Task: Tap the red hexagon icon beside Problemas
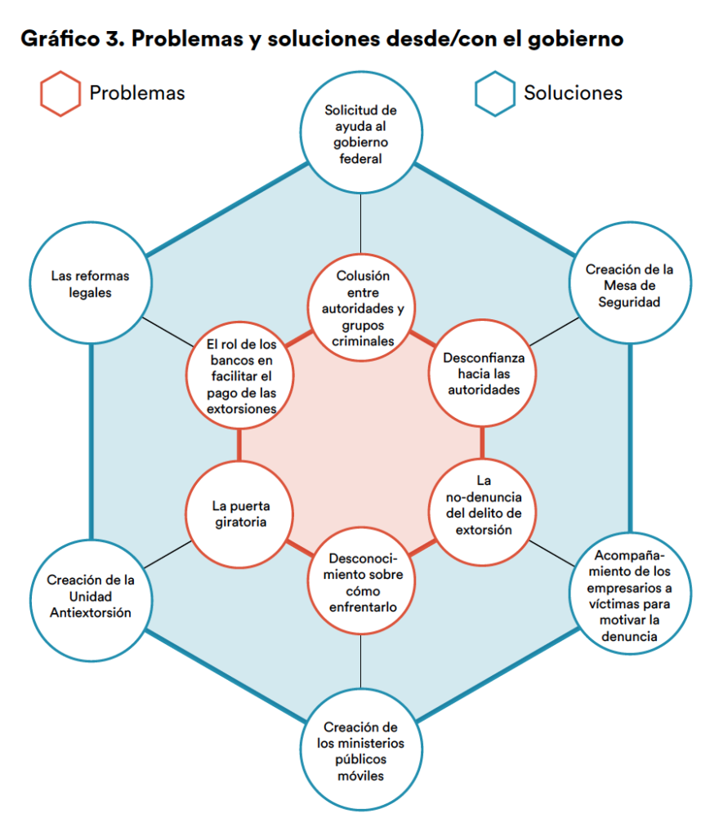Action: [x=60, y=93]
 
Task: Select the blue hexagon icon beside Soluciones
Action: [x=495, y=93]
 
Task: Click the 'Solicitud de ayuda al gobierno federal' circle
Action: [x=360, y=134]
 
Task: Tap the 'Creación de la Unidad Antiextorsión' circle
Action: [x=90, y=596]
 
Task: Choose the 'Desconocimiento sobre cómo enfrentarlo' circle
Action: [x=360, y=582]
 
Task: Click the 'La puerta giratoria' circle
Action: [x=239, y=512]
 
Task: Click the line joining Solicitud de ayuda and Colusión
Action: [x=360, y=225]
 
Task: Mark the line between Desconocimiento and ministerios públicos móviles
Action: [x=360, y=661]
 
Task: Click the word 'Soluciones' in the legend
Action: [x=573, y=93]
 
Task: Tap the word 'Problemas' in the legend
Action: [x=137, y=93]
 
